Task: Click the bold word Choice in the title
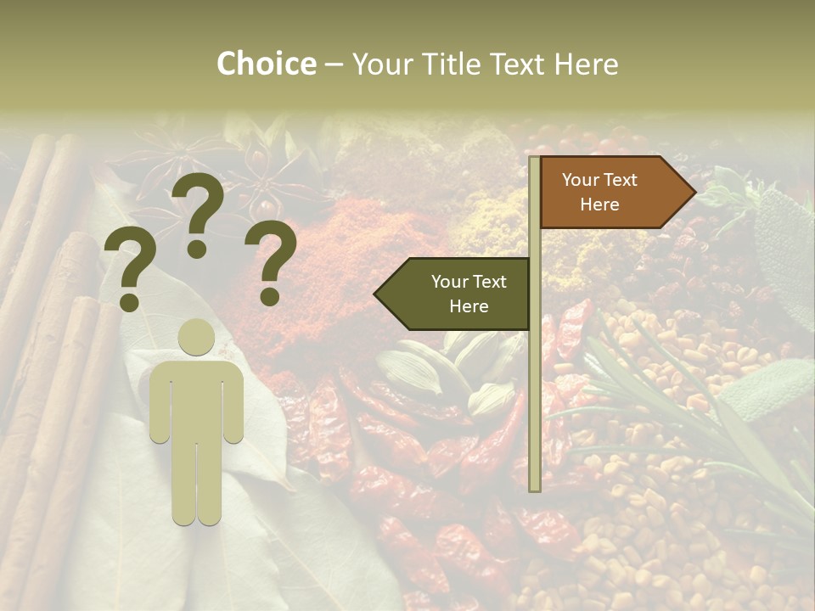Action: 266,64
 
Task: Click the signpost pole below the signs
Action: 534,407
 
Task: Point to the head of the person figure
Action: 197,338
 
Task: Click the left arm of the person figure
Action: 159,403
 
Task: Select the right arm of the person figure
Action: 234,403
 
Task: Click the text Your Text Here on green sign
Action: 469,294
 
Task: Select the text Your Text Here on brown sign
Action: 599,192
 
